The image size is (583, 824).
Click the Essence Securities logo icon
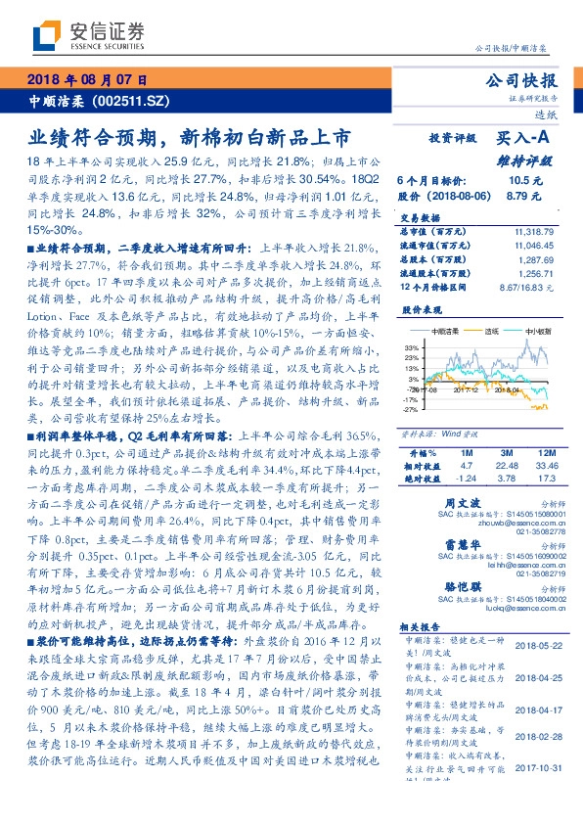(47, 37)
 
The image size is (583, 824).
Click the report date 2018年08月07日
(87, 79)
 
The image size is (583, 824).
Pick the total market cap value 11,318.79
(534, 231)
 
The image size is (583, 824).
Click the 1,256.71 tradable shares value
(534, 274)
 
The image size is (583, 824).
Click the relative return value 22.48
(507, 466)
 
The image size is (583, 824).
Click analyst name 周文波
(462, 501)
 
